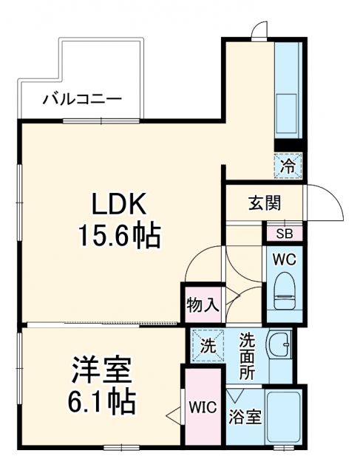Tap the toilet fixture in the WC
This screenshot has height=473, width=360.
coord(285,292)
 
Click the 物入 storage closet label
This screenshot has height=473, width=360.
coord(201,303)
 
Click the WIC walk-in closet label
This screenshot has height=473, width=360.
coord(201,407)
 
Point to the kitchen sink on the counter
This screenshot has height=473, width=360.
coord(285,103)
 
